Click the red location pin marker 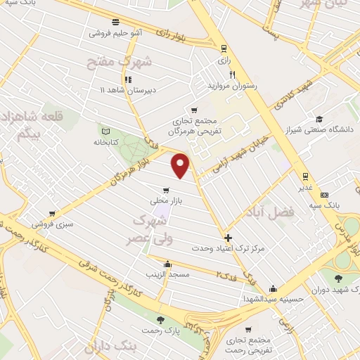181,165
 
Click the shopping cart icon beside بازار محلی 166,190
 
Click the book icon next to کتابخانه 106,130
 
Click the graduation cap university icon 319,119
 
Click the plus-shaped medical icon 228,237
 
